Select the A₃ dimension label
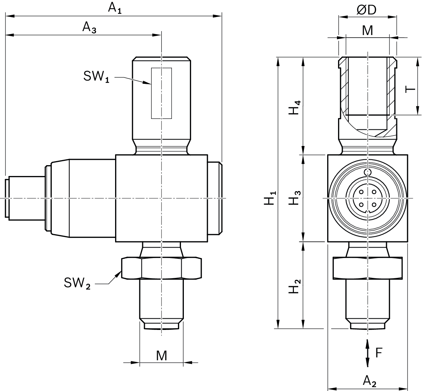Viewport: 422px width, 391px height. [x=89, y=27]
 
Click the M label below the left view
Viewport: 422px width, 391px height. [x=161, y=356]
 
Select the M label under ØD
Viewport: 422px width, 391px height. [x=367, y=31]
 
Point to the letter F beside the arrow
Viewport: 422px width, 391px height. [x=379, y=352]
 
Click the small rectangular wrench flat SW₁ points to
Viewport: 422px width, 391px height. [x=161, y=93]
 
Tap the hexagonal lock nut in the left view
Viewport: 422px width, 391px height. [x=161, y=268]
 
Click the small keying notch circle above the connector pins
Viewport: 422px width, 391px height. [x=368, y=172]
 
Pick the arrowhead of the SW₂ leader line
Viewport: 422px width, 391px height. [x=119, y=273]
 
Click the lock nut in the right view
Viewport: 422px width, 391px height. [x=368, y=268]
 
